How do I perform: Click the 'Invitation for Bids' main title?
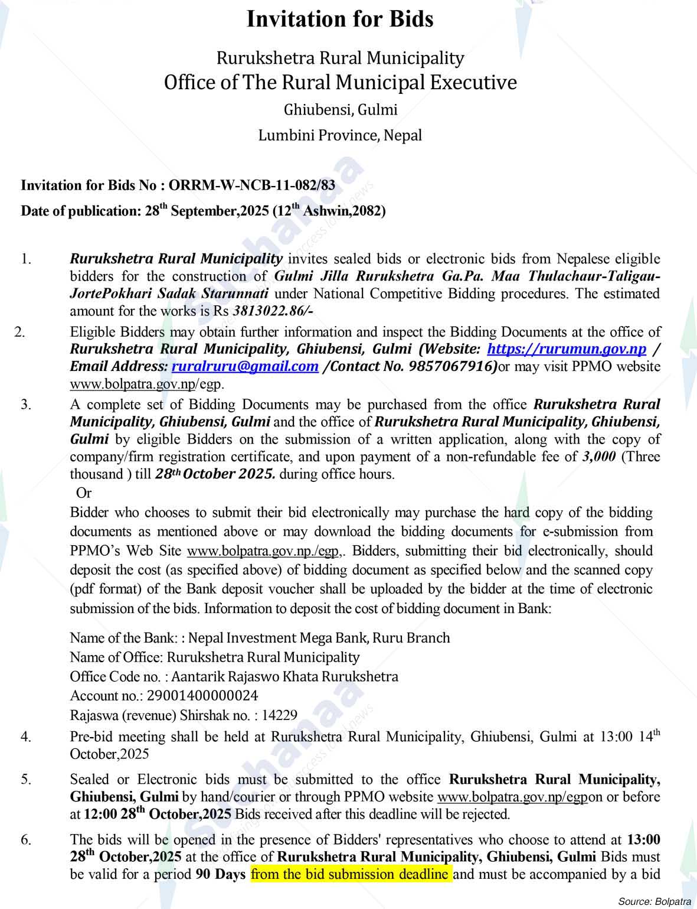(340, 19)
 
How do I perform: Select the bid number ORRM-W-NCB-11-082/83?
(252, 185)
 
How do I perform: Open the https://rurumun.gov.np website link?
(567, 349)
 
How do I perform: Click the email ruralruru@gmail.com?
(245, 367)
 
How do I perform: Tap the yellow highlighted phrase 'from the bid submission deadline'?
(351, 874)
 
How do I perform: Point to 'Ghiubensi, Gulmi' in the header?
(341, 110)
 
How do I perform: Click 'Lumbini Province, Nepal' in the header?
(340, 135)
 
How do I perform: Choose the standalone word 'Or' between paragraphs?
(84, 493)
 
